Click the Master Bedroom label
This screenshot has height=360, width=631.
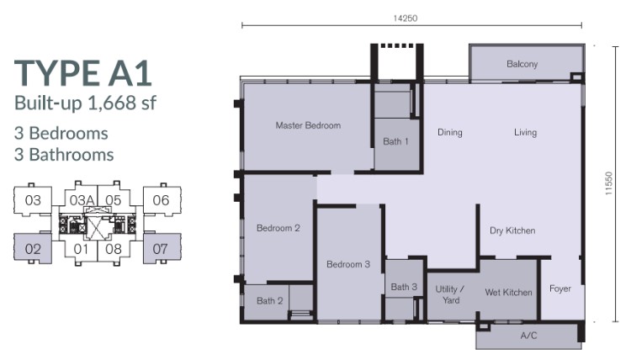[x=308, y=125]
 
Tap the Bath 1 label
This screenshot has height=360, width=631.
[x=395, y=141]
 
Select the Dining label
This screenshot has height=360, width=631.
[x=450, y=133]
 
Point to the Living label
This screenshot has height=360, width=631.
[x=525, y=132]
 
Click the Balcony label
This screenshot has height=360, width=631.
[x=522, y=64]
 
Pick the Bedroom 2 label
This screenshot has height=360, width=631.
[x=278, y=228]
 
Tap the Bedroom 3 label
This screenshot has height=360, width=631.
[x=348, y=264]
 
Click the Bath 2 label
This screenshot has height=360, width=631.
[x=269, y=300]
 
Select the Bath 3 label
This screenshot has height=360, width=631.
[x=404, y=287]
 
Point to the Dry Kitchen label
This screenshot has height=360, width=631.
[x=512, y=230]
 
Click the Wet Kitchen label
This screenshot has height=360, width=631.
[x=509, y=293]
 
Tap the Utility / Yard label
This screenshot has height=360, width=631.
[x=450, y=294]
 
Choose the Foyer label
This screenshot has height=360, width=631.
[x=560, y=289]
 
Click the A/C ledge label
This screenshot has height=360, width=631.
[x=528, y=336]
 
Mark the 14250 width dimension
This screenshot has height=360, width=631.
[x=406, y=19]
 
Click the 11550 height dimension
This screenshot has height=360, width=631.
[x=608, y=183]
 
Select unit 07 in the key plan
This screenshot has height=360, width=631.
[x=160, y=249]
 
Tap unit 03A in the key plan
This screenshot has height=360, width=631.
[x=82, y=200]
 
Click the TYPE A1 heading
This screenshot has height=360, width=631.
[x=83, y=73]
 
